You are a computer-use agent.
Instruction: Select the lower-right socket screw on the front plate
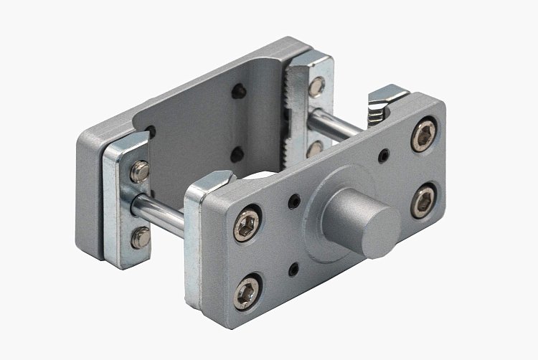(x=425, y=200)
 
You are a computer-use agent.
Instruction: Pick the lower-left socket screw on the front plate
(x=247, y=293)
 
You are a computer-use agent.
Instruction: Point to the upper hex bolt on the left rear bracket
(x=141, y=170)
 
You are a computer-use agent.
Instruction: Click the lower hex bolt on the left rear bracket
(x=141, y=237)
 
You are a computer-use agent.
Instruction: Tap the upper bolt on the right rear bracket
(x=316, y=87)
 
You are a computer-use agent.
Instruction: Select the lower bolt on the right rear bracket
(x=314, y=148)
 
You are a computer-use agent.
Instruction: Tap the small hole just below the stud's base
(x=293, y=270)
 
